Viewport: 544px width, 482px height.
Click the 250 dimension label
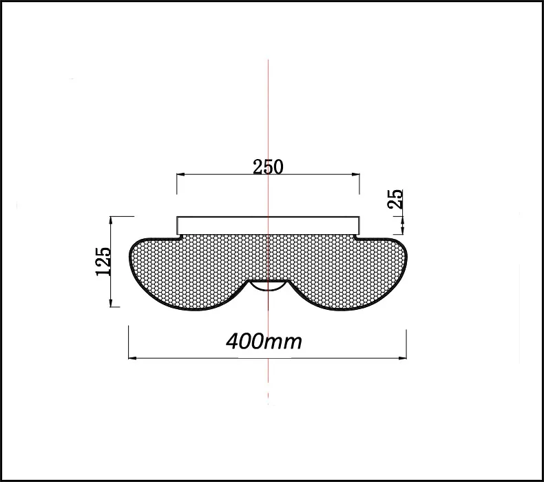coord(268,167)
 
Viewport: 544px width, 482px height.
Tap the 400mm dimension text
coord(264,342)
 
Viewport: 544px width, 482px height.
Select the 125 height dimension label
coord(103,261)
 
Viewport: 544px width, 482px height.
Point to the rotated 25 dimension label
coord(395,199)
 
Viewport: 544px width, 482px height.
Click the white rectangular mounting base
coord(268,226)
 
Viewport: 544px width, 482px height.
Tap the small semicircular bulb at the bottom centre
coord(268,286)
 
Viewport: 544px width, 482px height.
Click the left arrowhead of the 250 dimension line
coord(180,174)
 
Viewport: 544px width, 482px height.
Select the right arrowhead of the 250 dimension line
coord(355,174)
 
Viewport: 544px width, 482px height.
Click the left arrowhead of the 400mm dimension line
coord(132,358)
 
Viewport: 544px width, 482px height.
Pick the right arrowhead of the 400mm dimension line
coord(402,358)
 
